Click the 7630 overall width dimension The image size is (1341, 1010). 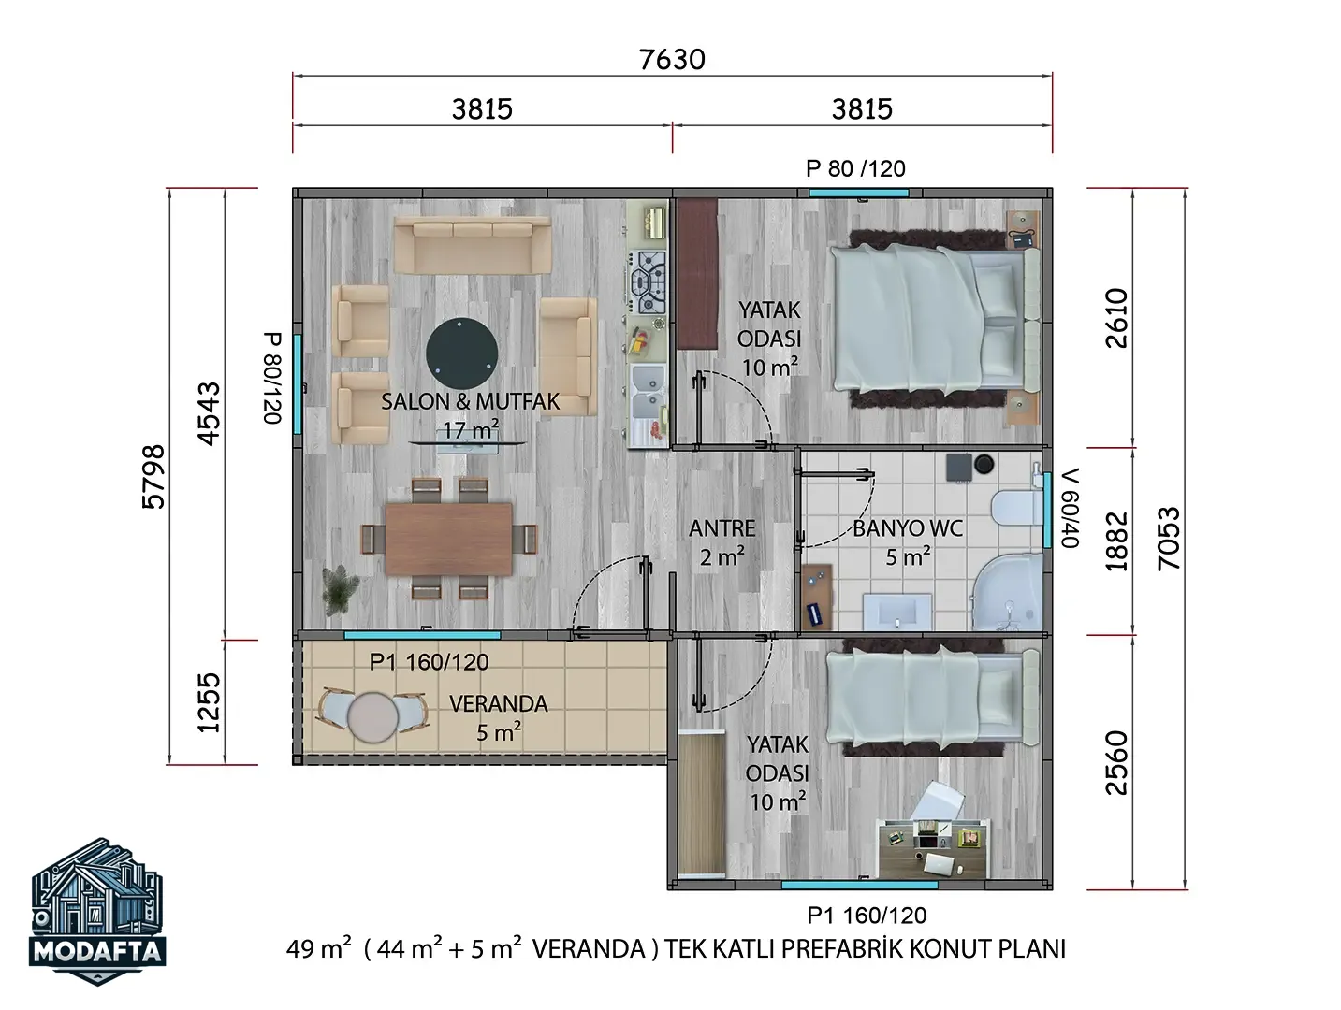pyautogui.click(x=672, y=60)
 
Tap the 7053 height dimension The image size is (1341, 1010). pyautogui.click(x=1169, y=539)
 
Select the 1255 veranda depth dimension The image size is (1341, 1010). pyautogui.click(x=209, y=702)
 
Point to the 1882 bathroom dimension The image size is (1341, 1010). pyautogui.click(x=1116, y=541)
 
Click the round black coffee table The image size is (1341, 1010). pyautogui.click(x=462, y=353)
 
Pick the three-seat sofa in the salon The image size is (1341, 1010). pyautogui.click(x=473, y=245)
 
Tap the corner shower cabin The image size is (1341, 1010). pyautogui.click(x=1008, y=592)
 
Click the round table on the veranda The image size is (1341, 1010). pyautogui.click(x=372, y=717)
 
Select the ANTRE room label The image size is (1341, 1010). pyautogui.click(x=722, y=527)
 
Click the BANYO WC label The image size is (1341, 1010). pyautogui.click(x=908, y=528)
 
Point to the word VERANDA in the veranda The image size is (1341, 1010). pyautogui.click(x=499, y=703)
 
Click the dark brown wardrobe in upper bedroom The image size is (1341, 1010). pyautogui.click(x=697, y=273)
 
